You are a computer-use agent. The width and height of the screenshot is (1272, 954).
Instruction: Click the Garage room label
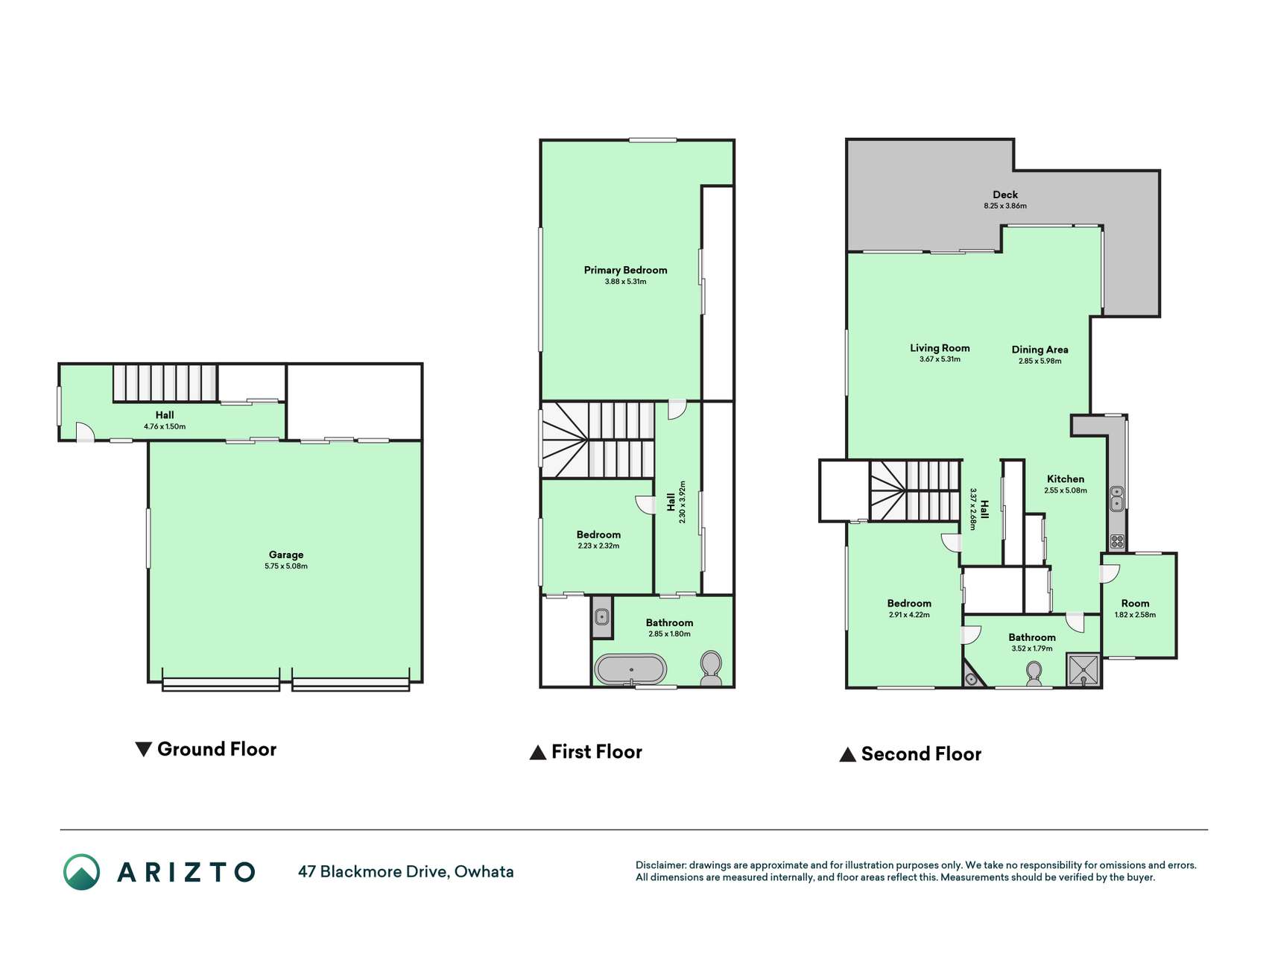coord(286,555)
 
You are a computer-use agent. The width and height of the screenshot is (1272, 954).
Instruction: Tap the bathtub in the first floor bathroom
coord(630,669)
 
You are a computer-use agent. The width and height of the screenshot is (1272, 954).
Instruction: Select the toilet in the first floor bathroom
coord(711,668)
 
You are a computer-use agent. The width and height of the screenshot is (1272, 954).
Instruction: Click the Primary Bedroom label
coord(625,270)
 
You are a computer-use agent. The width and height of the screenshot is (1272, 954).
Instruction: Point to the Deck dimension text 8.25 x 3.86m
coord(1005,206)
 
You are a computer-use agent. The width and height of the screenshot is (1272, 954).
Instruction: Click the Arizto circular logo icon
coord(81,872)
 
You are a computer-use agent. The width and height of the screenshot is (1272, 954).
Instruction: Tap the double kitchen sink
coord(1116,498)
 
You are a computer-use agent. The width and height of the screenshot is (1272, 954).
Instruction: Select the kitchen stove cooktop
coord(1116,541)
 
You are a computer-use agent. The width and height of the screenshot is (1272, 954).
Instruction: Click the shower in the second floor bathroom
coord(1083,669)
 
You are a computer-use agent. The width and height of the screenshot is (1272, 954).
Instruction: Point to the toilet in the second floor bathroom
coord(1034,674)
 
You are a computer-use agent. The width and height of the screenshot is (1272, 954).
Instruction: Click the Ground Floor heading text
coord(217,749)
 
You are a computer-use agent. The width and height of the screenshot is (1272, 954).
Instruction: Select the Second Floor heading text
coord(921,754)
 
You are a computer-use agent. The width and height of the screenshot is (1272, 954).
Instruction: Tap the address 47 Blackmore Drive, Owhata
coord(406,871)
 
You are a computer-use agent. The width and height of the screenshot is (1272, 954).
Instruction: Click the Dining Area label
coord(1040,350)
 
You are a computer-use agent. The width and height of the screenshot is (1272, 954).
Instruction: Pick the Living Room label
coord(940,348)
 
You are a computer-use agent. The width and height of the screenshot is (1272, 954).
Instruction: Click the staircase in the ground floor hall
coord(165,383)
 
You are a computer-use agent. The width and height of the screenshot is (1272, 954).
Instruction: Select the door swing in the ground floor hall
coord(85,431)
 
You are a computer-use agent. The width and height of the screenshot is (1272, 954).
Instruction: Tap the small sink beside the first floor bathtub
coord(602,617)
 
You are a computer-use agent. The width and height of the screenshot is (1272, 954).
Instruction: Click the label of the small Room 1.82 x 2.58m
coord(1135,604)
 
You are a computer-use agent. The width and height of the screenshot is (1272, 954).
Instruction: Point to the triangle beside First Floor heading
coord(537,753)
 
